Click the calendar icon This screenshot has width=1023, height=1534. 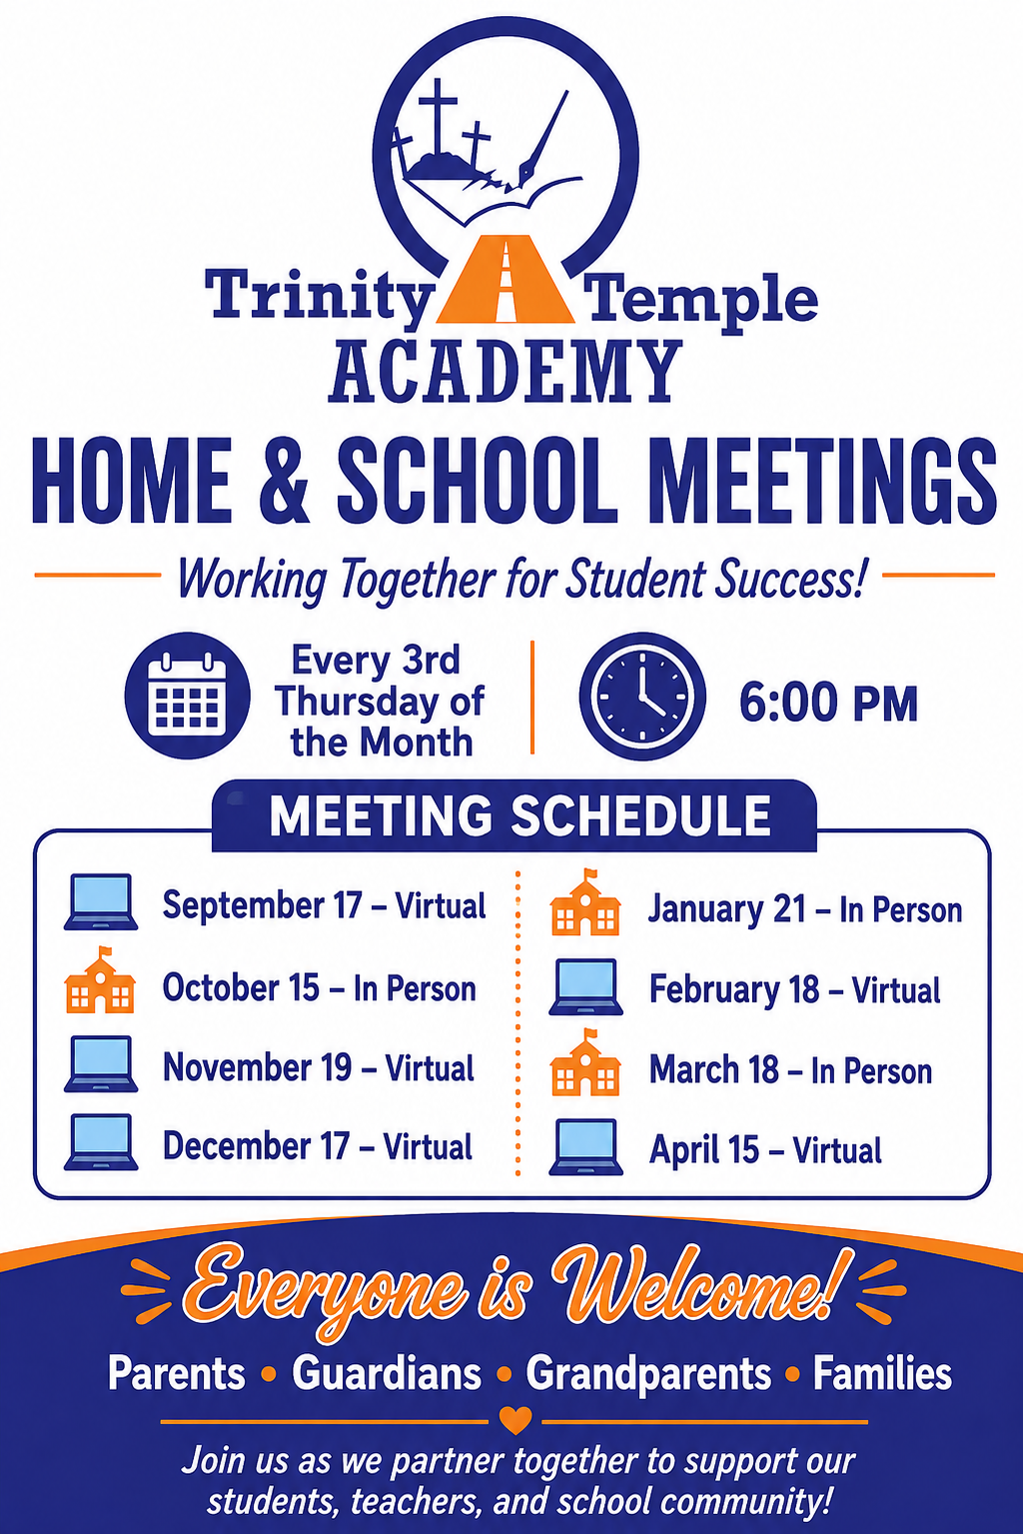187,696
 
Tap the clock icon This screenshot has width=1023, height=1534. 642,696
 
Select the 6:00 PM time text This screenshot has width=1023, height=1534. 828,703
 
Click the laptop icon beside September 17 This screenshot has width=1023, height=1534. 101,901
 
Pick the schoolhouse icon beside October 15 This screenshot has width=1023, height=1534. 100,980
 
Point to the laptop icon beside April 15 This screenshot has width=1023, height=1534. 586,1147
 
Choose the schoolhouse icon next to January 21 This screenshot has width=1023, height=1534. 585,901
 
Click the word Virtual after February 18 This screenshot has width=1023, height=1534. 896,989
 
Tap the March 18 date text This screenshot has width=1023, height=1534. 714,1069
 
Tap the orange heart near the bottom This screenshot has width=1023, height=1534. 514,1420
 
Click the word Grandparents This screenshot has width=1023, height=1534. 648,1374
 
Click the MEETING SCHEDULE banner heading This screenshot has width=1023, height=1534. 520,814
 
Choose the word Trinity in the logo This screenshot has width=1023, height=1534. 319,297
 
